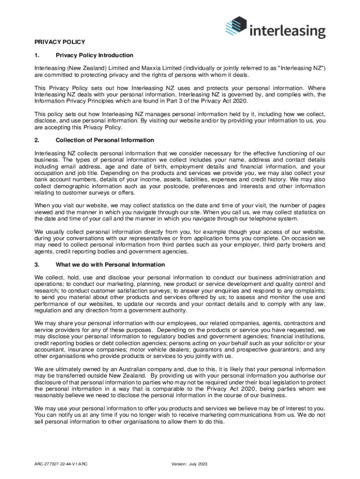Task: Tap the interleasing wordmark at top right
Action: point(287,31)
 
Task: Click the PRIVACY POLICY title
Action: point(60,42)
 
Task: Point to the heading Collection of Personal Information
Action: point(105,140)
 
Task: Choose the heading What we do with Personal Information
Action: point(110,265)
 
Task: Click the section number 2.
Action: point(36,140)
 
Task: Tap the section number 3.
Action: point(36,265)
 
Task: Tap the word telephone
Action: point(268,218)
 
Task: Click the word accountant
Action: point(50,349)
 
